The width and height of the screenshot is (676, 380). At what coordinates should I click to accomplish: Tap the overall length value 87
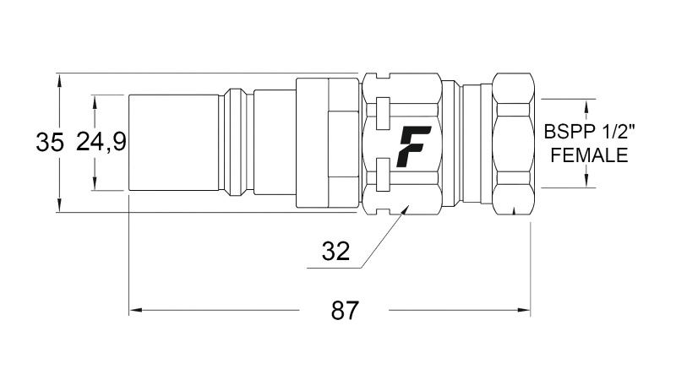[x=343, y=311]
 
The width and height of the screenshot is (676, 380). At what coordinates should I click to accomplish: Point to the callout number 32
[x=335, y=251]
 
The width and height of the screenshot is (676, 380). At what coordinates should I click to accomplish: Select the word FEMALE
[x=588, y=155]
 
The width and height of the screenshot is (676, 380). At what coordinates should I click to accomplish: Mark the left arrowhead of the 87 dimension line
[x=134, y=312]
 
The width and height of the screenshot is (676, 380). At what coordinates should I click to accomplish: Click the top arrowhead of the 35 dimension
[x=60, y=79]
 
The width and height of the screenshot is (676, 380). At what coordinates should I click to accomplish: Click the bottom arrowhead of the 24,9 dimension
[x=95, y=185]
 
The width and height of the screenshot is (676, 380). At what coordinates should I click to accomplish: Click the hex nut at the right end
[x=513, y=143]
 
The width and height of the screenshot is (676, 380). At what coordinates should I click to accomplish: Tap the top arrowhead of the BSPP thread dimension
[x=586, y=104]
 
